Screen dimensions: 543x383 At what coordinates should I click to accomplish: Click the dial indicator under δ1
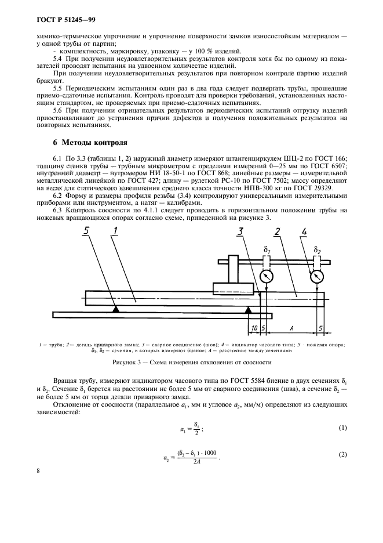tap(267, 277)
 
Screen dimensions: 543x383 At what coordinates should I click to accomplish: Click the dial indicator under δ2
tap(316, 277)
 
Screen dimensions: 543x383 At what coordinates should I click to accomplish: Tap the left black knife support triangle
tap(116, 309)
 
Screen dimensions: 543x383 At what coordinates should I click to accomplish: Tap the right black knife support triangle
tap(249, 309)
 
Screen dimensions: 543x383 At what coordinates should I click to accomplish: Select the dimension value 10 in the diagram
tap(253, 328)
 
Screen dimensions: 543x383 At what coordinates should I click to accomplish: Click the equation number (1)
tap(342, 428)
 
